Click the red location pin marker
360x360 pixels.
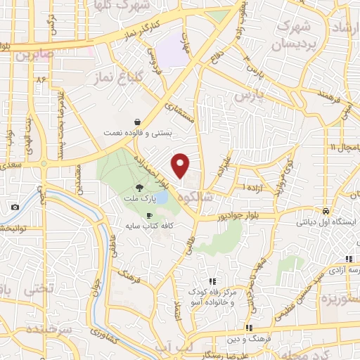[x=181, y=165]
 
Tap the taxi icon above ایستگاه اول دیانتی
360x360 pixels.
[x=327, y=212]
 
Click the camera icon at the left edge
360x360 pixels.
[x=15, y=207]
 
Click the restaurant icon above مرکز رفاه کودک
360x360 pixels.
[x=212, y=282]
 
